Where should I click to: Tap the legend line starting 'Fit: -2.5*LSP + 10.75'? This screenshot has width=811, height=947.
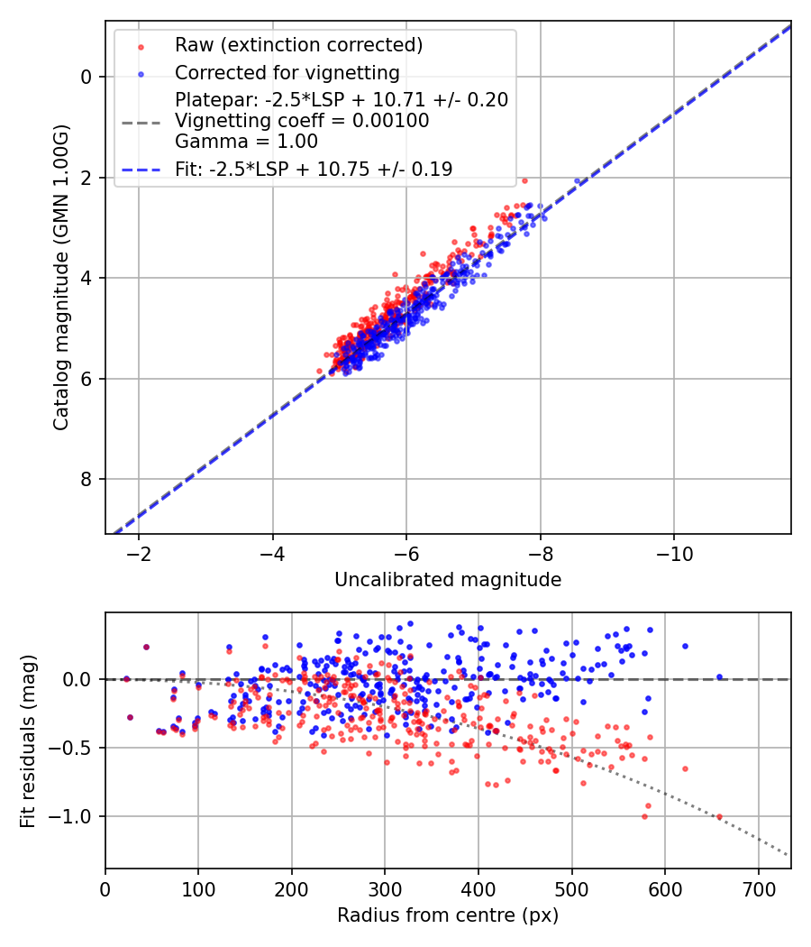pos(314,169)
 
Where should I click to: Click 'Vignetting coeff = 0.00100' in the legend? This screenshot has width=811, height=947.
pos(302,120)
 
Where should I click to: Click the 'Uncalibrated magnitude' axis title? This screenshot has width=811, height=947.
pos(448,580)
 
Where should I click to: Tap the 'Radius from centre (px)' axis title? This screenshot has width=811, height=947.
pos(448,915)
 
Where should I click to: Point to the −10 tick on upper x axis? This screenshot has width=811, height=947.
pos(673,553)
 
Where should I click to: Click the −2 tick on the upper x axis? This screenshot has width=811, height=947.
pos(138,553)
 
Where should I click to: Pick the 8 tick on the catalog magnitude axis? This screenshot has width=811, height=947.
pos(87,479)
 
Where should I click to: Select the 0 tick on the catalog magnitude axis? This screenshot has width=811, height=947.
pos(87,77)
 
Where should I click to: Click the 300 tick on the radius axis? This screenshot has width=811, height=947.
pos(385,887)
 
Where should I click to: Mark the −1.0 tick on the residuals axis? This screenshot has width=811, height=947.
pos(77,816)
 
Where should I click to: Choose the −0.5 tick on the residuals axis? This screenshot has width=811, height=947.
pos(77,748)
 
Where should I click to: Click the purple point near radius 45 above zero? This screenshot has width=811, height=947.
pos(146,647)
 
